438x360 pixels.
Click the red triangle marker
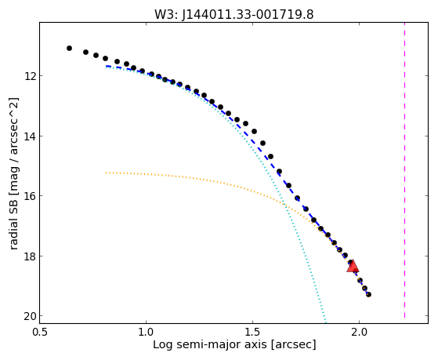coord(353,267)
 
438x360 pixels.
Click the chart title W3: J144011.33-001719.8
coord(234,14)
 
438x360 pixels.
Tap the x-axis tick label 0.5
coord(40,332)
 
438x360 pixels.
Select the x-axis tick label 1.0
coord(146,332)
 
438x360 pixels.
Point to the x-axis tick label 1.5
coord(252,332)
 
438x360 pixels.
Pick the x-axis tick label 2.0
coord(359,332)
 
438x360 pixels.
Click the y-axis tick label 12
coord(30,76)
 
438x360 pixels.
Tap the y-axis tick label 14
coord(30,136)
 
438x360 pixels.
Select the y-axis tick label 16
coord(30,196)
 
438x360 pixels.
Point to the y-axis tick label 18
coord(30,256)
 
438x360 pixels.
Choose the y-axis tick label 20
coord(30,316)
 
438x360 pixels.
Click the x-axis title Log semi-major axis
coord(210,344)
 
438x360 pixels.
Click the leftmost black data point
coord(69,49)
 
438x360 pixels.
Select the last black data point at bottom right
coord(368,295)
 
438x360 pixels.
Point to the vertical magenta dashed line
coord(404,173)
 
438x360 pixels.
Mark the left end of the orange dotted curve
coord(106,173)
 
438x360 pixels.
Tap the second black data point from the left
coord(85,53)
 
